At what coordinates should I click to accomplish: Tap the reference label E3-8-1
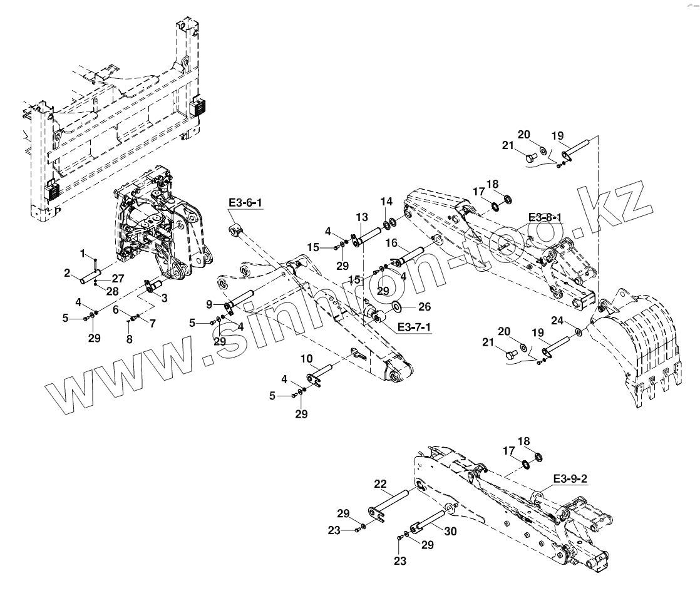545,217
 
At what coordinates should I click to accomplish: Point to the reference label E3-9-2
570,480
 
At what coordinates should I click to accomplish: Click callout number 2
68,272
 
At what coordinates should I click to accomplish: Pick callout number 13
362,217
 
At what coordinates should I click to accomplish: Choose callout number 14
387,202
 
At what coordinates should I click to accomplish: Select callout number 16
391,242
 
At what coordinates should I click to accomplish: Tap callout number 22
381,483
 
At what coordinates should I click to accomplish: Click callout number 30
451,531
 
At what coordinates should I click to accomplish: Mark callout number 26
425,307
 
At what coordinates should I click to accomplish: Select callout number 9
210,304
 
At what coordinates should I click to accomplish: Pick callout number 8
130,339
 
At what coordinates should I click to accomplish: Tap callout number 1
81,252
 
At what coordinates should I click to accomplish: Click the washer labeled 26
397,307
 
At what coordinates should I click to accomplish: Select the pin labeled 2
90,273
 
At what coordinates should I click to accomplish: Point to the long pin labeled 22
394,500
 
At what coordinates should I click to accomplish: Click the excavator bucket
645,351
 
